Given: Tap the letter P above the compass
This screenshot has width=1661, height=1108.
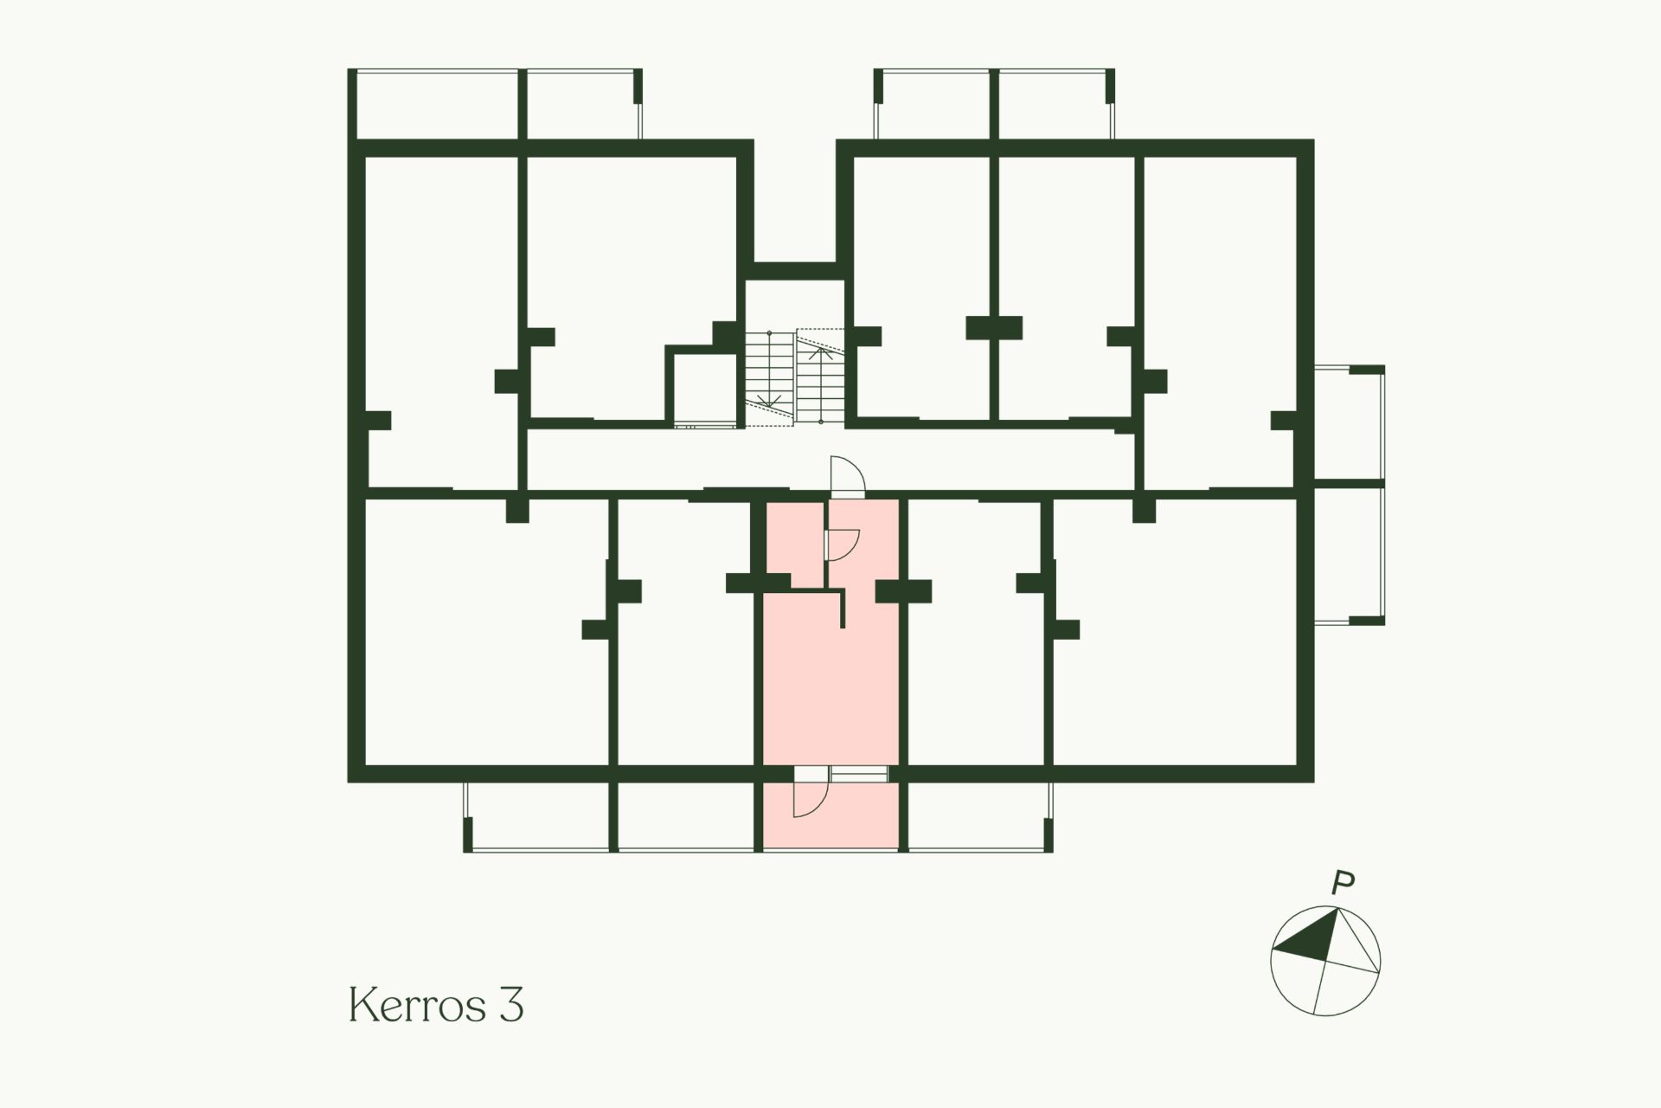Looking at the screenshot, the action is (1343, 884).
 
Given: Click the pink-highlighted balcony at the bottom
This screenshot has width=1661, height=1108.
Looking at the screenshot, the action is (830, 816).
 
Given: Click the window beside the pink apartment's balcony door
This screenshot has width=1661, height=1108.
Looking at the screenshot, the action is (859, 774).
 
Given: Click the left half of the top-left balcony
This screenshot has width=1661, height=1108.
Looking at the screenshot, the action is (437, 104).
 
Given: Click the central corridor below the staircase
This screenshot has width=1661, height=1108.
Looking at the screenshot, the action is (830, 460).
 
